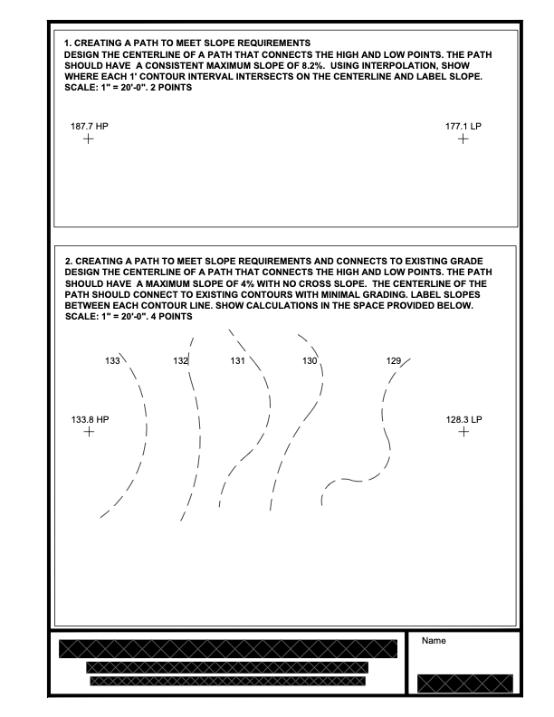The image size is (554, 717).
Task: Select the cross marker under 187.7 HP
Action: tap(88, 139)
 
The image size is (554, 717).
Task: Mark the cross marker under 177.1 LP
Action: tap(463, 139)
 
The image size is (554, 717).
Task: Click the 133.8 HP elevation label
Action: tap(90, 420)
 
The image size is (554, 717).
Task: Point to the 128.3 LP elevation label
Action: tap(464, 420)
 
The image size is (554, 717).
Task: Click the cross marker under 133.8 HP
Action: tap(88, 433)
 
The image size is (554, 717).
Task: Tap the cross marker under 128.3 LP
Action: tap(463, 433)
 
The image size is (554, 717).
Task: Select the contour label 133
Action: tap(113, 361)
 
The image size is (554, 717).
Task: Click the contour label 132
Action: tap(180, 361)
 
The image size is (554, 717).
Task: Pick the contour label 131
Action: tap(237, 361)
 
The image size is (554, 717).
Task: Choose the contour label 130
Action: tap(310, 361)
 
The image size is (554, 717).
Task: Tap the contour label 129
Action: tap(394, 361)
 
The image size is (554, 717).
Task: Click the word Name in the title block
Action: tap(435, 641)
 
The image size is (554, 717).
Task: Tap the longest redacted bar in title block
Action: tap(227, 649)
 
